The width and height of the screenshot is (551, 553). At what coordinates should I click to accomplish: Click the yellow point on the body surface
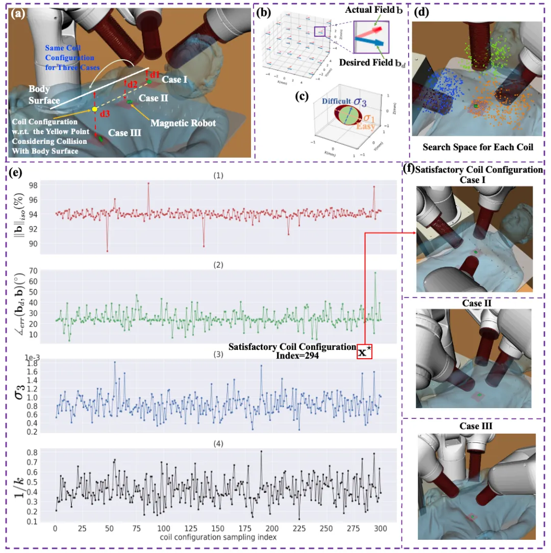tap(94, 109)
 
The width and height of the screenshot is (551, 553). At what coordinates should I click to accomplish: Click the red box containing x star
tap(364, 351)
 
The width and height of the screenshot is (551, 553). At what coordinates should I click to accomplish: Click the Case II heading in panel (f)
tap(474, 303)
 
